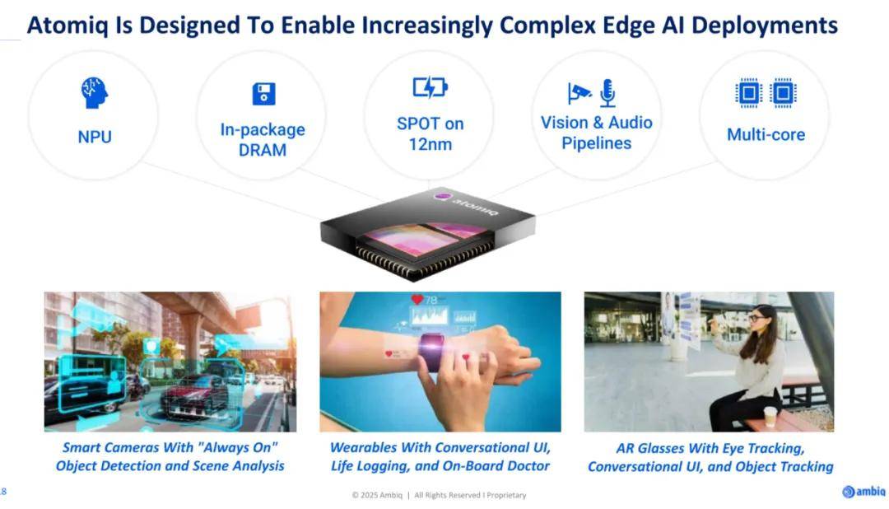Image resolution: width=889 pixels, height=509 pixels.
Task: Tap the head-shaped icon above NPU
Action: pyautogui.click(x=94, y=92)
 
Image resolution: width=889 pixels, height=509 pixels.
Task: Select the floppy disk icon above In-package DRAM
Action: pyautogui.click(x=263, y=94)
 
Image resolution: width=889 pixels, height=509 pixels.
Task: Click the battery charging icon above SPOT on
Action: pyautogui.click(x=431, y=87)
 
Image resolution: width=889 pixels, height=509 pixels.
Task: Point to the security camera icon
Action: pyautogui.click(x=579, y=93)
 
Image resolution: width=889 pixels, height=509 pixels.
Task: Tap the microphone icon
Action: pyautogui.click(x=607, y=93)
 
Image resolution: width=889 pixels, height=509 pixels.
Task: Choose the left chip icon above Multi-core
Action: pyautogui.click(x=748, y=92)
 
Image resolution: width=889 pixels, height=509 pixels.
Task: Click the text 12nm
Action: pyautogui.click(x=431, y=144)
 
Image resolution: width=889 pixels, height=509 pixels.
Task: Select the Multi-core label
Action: pyautogui.click(x=766, y=134)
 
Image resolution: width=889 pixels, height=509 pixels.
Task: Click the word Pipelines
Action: pyautogui.click(x=597, y=143)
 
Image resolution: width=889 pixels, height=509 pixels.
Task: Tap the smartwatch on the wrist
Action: pyautogui.click(x=432, y=352)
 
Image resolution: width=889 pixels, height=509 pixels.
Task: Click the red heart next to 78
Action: pyautogui.click(x=417, y=299)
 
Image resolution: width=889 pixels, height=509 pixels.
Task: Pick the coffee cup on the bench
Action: pyautogui.click(x=770, y=417)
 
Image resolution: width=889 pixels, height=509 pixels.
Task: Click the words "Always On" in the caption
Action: pyautogui.click(x=237, y=447)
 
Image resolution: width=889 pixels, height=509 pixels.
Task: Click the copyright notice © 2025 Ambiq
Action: pyautogui.click(x=377, y=495)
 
